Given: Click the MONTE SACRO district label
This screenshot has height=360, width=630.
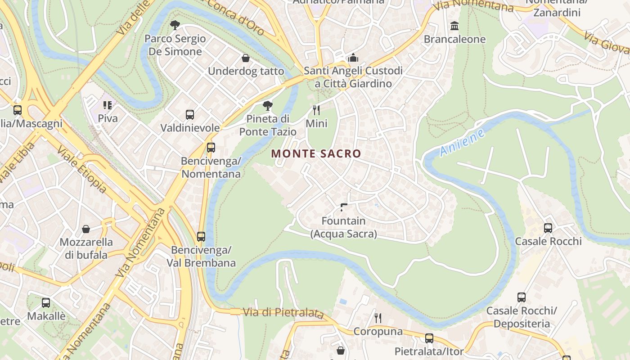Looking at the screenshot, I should [x=316, y=154].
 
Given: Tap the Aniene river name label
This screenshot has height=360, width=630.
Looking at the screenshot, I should [x=463, y=143].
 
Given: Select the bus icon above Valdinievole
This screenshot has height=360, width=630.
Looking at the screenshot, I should [x=190, y=115].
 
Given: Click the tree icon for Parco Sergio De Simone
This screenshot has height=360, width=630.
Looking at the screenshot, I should [x=175, y=26].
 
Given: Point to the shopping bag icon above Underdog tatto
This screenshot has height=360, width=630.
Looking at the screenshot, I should [x=246, y=58].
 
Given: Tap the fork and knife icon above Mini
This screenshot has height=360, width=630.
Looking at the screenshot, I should [x=316, y=110].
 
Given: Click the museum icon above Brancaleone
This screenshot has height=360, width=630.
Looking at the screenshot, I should [x=454, y=26].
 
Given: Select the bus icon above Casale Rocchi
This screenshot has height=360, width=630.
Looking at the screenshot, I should [x=548, y=228].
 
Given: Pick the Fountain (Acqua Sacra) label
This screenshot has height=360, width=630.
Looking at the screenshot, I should [x=343, y=227].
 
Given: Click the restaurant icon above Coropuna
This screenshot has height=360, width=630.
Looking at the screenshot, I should [x=378, y=318].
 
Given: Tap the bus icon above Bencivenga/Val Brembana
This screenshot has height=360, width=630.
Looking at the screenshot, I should [x=201, y=237].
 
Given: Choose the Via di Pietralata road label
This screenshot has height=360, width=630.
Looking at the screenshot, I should [x=283, y=312].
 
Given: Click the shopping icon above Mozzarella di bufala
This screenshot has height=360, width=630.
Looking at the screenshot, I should [x=86, y=229].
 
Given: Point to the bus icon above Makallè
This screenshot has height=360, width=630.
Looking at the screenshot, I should [x=46, y=303].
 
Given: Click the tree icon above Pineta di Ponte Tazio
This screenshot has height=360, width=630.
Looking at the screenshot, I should [x=268, y=106].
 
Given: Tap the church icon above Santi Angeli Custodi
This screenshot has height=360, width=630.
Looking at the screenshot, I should [x=353, y=58].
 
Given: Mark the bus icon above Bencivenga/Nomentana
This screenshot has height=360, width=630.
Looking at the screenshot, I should [x=211, y=148].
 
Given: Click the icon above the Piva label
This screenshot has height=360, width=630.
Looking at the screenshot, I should [x=108, y=105].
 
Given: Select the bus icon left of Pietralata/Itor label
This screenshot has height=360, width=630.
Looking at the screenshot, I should [x=429, y=338].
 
